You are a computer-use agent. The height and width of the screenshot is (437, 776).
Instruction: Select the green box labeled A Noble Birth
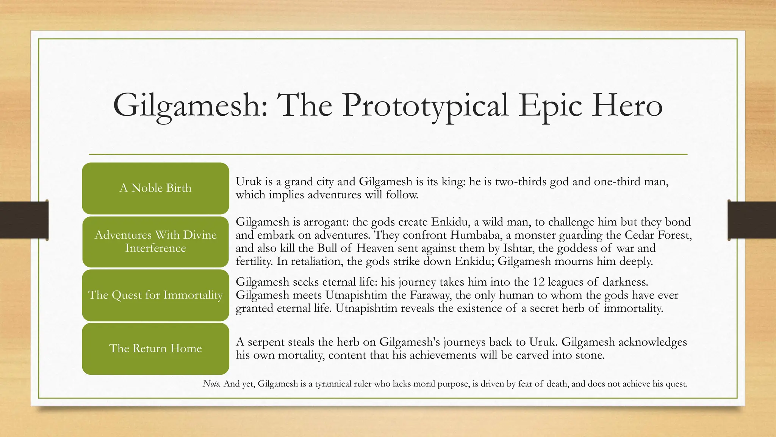[x=155, y=188]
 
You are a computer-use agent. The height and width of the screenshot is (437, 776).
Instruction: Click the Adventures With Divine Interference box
[x=155, y=242]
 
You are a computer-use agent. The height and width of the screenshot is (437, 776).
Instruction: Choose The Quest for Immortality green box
[x=155, y=295]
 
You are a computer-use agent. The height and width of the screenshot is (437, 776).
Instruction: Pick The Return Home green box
[x=155, y=349]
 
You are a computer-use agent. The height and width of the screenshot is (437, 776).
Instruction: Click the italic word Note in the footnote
[x=211, y=384]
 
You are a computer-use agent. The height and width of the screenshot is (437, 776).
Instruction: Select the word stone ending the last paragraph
[x=590, y=355]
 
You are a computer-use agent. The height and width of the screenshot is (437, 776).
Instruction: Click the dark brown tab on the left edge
[x=24, y=220]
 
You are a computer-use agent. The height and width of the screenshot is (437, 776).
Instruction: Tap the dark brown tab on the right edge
[x=752, y=220]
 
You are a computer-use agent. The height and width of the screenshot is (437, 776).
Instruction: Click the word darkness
[x=625, y=282]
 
